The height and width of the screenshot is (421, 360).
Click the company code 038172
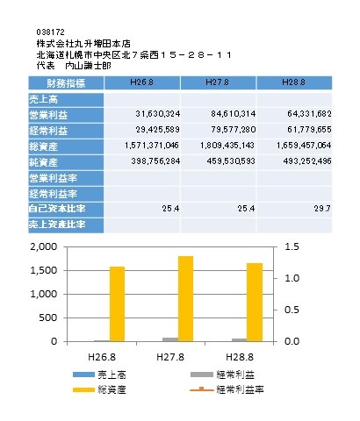[50, 32]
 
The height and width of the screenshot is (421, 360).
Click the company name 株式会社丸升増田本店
[83, 44]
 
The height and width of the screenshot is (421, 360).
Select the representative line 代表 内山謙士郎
[74, 66]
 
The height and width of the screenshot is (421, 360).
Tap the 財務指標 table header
[66, 83]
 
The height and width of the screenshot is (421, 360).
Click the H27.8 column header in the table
[217, 82]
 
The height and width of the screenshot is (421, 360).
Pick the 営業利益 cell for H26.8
[158, 114]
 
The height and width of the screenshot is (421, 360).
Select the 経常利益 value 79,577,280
[234, 130]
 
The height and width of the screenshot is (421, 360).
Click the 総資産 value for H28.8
[304, 146]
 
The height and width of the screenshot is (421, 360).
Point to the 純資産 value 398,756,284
[155, 161]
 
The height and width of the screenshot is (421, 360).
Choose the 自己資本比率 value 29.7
[322, 209]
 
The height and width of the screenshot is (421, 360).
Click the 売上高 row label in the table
[43, 100]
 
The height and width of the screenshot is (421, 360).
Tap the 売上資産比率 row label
[57, 225]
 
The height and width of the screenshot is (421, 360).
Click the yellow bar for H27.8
[185, 299]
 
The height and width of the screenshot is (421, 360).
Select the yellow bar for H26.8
[117, 304]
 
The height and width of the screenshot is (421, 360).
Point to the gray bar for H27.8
[170, 339]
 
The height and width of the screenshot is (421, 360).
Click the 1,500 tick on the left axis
[44, 270]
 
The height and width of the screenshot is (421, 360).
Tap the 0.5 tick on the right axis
[292, 310]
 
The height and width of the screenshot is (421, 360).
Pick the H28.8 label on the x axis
[240, 357]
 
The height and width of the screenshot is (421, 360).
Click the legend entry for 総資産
[99, 389]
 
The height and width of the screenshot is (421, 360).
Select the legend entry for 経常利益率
[227, 389]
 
